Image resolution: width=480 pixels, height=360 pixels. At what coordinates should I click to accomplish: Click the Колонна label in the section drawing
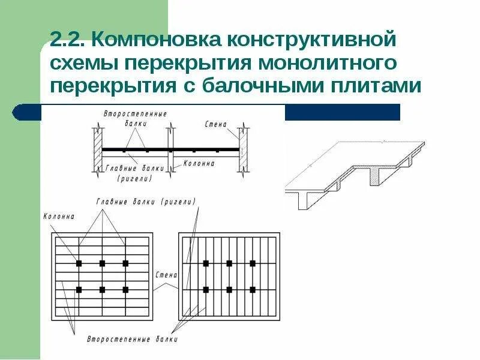pos(199,163)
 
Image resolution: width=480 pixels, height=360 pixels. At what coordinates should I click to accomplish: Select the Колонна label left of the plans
pos(59,216)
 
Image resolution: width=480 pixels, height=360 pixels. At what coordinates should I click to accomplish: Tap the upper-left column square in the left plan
pos(79,263)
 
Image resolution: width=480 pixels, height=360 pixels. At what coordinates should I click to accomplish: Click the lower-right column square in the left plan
pos(125,290)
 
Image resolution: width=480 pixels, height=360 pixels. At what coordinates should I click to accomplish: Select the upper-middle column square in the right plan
pos(229,263)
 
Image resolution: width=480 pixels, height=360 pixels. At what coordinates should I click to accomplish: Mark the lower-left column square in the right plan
pos(206,290)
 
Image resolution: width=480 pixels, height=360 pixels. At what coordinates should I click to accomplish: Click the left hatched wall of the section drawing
pos(97,149)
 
